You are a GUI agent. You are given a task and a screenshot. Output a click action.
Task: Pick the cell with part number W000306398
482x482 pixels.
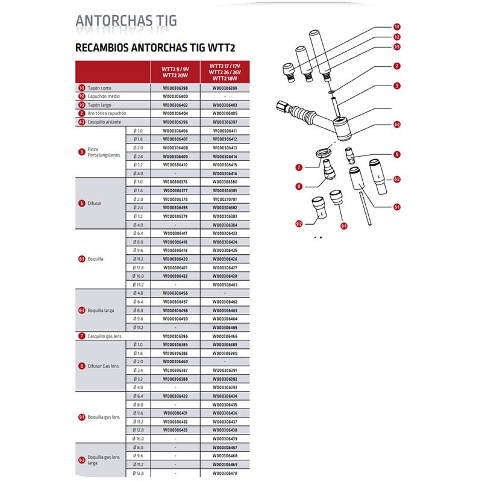tap(175, 88)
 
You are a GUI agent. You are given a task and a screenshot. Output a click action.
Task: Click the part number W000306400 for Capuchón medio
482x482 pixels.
tap(175, 96)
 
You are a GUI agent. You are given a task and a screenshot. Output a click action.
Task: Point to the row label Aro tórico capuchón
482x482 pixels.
tap(109, 113)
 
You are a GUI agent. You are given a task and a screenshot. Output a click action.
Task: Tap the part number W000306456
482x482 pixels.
tap(175, 293)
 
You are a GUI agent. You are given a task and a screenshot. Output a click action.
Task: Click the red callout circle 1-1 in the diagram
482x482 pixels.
tap(397, 28)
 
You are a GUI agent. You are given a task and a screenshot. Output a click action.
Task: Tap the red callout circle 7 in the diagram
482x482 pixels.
tap(299, 167)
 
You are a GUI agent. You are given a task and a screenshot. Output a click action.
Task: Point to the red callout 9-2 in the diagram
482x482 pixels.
tap(299, 224)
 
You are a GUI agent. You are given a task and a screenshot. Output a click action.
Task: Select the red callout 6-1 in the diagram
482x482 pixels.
tap(397, 208)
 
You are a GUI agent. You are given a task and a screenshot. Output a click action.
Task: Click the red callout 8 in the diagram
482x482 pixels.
tap(299, 187)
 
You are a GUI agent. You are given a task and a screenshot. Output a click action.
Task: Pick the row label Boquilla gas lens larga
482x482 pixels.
tap(102, 461)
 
